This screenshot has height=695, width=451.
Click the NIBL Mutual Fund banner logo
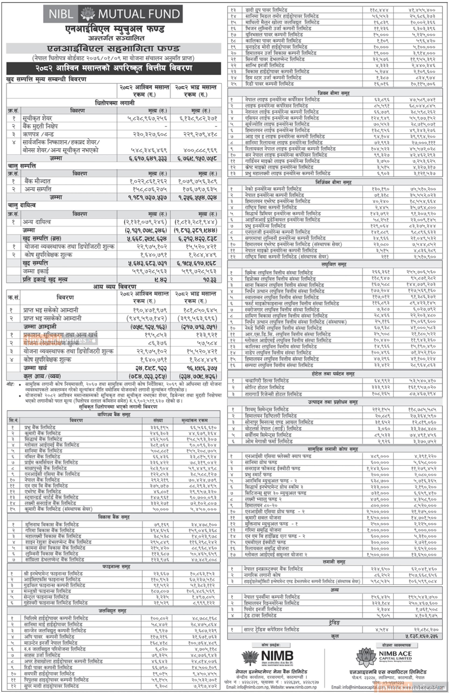[113, 14]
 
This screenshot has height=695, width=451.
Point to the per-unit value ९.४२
[161, 280]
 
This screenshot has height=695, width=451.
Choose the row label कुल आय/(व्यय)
[42, 376]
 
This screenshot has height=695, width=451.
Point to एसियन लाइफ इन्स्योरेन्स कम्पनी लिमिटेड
[282, 118]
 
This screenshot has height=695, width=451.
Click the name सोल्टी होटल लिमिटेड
[264, 387]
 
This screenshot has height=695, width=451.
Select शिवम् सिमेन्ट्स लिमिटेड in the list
[267, 409]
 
